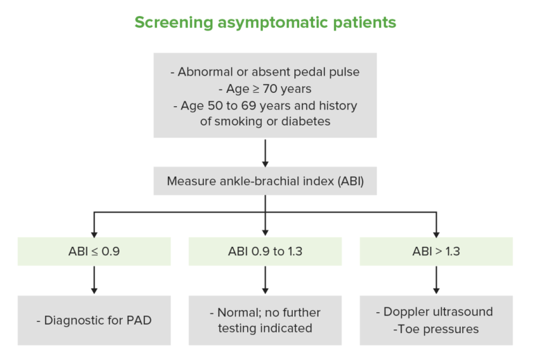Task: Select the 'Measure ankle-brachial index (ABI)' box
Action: [264, 182]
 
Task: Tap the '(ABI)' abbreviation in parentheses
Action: [345, 182]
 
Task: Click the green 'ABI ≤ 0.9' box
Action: [94, 251]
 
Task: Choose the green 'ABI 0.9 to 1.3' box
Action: [264, 251]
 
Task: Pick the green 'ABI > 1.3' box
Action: [436, 251]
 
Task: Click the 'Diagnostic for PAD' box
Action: [94, 320]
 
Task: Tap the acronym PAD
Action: [140, 320]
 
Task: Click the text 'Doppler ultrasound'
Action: [436, 313]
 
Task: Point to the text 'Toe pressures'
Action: [438, 329]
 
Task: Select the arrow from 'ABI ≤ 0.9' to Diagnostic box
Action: [94, 280]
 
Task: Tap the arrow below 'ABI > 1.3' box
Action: [436, 280]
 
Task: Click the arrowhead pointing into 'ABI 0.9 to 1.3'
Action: [264, 232]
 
